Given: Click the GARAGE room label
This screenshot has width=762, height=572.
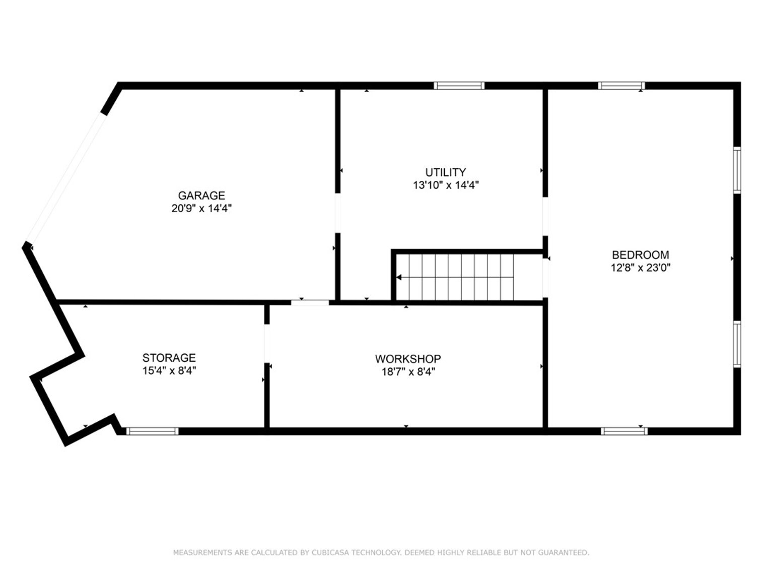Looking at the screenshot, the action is click(x=201, y=196).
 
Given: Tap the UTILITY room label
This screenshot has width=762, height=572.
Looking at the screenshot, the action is click(x=445, y=172).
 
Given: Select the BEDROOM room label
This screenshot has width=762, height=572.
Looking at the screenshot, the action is click(x=640, y=255).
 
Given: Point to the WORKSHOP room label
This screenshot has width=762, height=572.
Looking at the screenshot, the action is click(x=408, y=359).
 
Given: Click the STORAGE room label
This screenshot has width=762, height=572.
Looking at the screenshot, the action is click(x=169, y=358).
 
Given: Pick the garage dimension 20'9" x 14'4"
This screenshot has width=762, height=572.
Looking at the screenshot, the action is click(x=201, y=208).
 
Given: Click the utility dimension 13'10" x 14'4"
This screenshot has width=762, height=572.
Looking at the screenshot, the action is click(x=446, y=185).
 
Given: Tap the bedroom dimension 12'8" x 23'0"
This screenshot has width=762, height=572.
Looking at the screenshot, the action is click(x=641, y=268).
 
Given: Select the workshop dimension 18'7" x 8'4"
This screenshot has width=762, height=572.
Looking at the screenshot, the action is click(x=408, y=372).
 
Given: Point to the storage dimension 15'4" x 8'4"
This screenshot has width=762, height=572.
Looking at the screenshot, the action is click(x=169, y=371).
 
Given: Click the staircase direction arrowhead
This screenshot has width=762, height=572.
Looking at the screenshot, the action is click(x=399, y=277).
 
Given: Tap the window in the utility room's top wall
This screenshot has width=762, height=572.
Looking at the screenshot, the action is click(x=459, y=86).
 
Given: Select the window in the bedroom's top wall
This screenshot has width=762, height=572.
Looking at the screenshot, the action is click(x=621, y=86).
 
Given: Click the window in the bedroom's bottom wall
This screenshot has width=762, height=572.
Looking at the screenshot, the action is click(x=624, y=431).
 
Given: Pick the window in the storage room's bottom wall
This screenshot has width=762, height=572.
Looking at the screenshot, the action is click(x=153, y=431).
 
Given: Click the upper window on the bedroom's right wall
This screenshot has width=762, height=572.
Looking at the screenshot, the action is click(x=737, y=170).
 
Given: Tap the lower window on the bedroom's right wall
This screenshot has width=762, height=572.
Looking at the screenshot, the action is click(x=737, y=344).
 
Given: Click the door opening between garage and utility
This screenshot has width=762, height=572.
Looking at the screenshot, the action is click(x=337, y=213).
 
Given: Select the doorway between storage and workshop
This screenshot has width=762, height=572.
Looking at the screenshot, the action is click(x=267, y=344).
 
